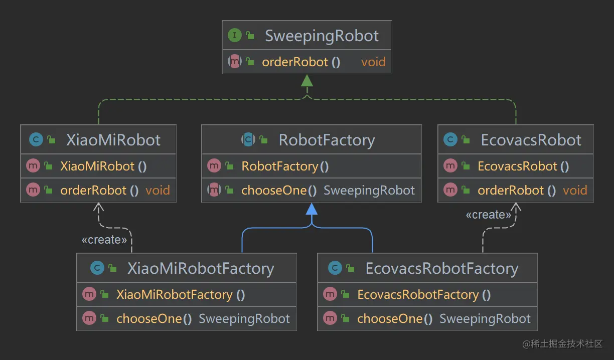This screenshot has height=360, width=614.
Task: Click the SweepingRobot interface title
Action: click(322, 36)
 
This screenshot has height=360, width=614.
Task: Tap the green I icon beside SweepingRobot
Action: click(234, 36)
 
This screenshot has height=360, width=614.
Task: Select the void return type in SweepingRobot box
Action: click(373, 62)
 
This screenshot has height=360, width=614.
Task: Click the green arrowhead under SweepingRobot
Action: click(307, 81)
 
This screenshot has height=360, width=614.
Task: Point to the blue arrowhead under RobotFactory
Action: click(312, 209)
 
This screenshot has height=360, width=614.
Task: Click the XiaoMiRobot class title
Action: click(113, 140)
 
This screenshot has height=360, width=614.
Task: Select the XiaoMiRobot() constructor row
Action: click(103, 166)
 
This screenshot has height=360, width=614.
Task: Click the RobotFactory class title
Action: click(327, 140)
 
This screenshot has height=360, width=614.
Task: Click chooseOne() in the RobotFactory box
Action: click(279, 191)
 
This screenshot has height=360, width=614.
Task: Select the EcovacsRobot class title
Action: click(531, 140)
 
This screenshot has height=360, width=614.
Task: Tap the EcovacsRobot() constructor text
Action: click(523, 166)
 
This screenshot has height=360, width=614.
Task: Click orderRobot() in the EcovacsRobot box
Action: click(517, 191)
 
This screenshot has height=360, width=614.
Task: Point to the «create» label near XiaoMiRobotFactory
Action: click(104, 240)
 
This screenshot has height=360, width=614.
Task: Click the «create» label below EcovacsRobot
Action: click(488, 215)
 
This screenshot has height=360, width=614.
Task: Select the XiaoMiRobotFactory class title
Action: click(201, 268)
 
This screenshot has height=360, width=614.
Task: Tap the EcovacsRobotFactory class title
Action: click(441, 268)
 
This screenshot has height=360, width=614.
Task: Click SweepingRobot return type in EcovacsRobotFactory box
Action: click(485, 319)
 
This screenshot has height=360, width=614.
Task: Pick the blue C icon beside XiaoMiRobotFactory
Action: click(97, 268)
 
